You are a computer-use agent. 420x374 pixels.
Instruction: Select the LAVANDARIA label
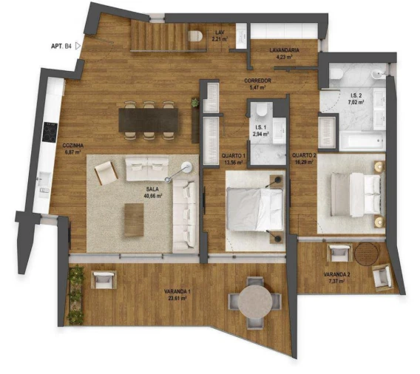click(x=284, y=52)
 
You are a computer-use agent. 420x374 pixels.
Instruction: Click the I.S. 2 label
click(x=356, y=98)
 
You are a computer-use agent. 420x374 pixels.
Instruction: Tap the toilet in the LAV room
click(x=196, y=35)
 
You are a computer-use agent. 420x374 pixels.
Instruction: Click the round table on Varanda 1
click(x=255, y=302)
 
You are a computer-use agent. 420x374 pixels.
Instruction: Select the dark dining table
click(x=148, y=119)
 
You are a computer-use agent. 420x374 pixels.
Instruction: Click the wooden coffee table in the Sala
click(x=134, y=220)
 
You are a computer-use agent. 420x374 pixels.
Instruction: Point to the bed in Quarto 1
click(x=254, y=209)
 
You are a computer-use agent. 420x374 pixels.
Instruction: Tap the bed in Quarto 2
click(x=351, y=195)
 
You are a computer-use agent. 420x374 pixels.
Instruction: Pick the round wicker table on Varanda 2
click(x=365, y=254)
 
